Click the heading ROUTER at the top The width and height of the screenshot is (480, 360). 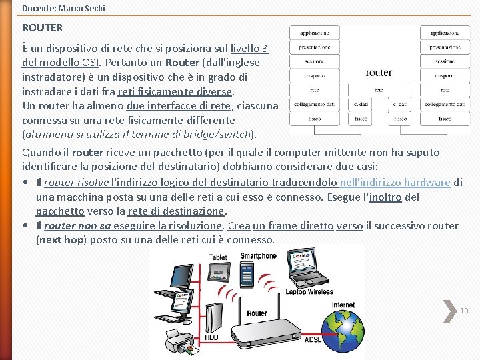pos(42,28)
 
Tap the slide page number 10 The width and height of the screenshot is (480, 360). pos(464,311)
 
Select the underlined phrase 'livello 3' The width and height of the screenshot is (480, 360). pos(249,49)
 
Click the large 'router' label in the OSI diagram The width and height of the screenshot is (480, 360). pos(379,72)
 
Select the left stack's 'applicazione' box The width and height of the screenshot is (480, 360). pos(315,33)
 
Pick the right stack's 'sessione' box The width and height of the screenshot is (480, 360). pos(445,61)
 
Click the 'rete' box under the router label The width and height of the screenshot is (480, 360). pos(379,90)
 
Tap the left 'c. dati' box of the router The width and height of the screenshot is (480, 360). pos(361,105)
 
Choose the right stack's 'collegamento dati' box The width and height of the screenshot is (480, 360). pos(445,105)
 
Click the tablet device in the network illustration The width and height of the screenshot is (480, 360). pos(218,277)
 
